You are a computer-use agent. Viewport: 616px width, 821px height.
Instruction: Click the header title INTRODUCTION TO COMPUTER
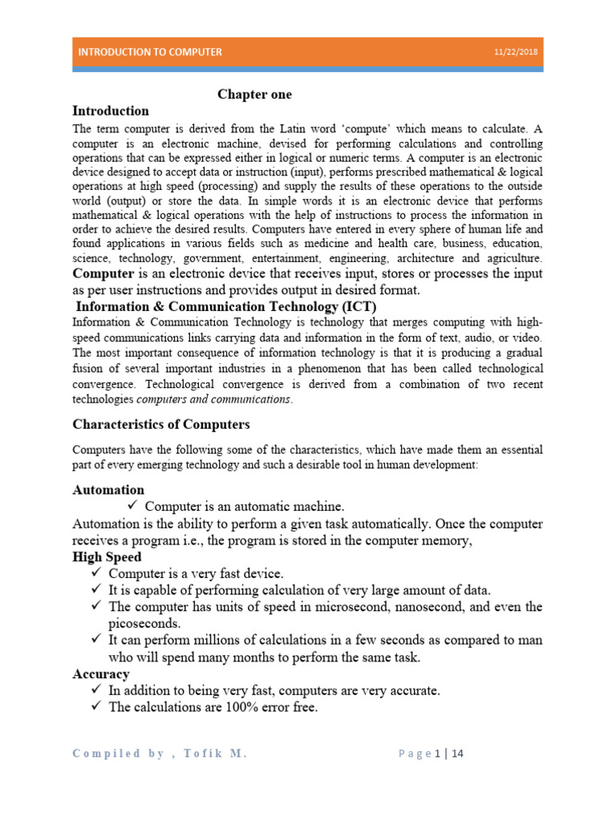(149, 51)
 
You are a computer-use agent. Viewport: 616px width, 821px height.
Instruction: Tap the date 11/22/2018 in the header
(516, 52)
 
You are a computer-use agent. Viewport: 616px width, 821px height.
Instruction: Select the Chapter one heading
(255, 95)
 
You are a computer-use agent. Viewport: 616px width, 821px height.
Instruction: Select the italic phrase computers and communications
(214, 398)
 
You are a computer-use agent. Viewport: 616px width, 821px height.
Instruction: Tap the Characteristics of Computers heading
(161, 424)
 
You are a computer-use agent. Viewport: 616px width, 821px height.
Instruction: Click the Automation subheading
(108, 489)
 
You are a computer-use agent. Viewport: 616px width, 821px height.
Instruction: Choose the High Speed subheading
(107, 556)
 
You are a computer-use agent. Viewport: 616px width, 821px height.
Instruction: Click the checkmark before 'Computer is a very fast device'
(96, 573)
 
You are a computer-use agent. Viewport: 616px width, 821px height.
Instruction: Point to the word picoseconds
(144, 623)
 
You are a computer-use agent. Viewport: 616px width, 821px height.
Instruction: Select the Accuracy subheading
(101, 674)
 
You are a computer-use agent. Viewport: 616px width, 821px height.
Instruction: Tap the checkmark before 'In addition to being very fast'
(96, 690)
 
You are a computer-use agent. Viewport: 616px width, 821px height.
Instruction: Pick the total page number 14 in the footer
(460, 753)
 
